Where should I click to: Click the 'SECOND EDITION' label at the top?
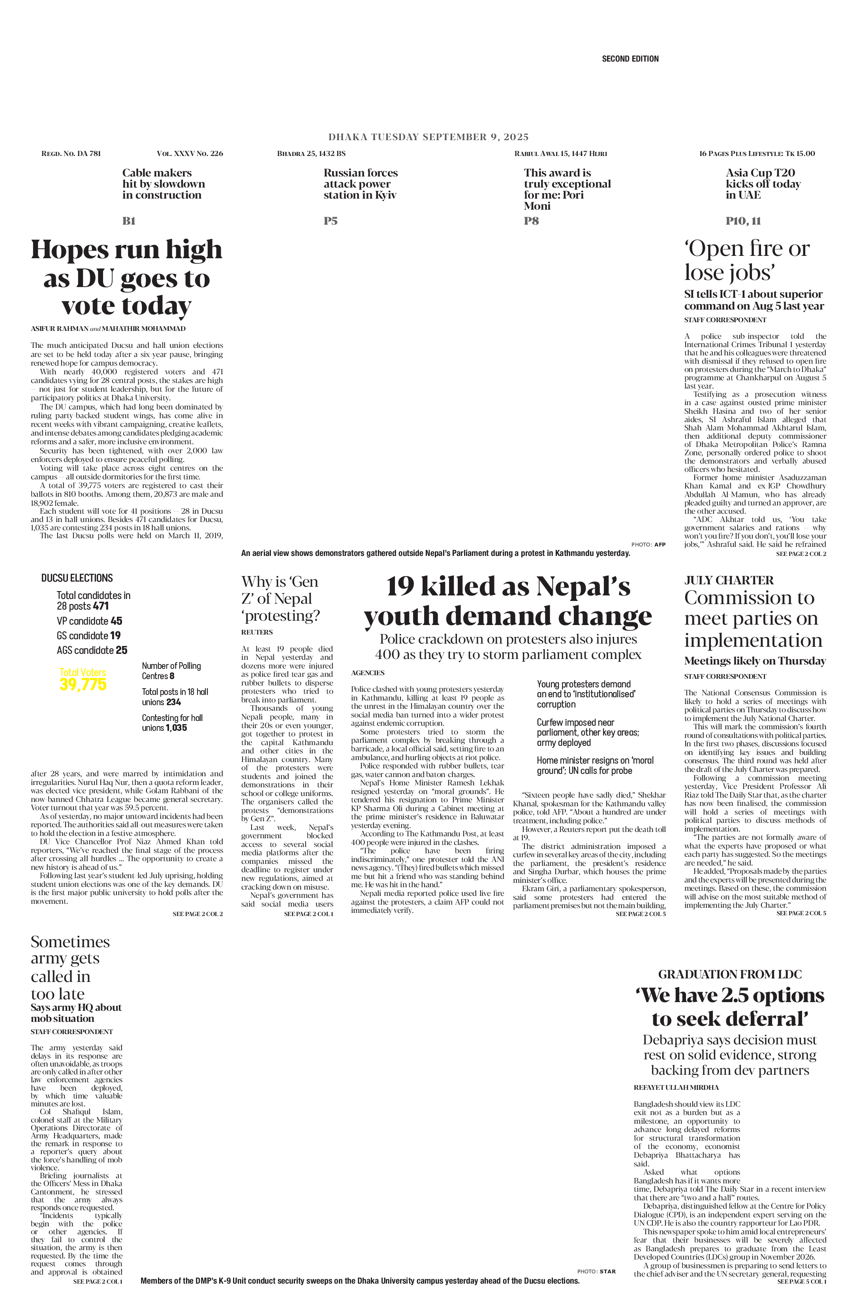[x=630, y=58]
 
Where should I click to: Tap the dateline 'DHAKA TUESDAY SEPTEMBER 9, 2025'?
[x=428, y=137]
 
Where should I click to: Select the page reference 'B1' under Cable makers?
[x=129, y=221]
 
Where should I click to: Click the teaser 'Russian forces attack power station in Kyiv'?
[x=361, y=184]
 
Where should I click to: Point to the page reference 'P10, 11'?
[x=743, y=221]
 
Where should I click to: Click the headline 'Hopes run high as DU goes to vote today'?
[x=127, y=277]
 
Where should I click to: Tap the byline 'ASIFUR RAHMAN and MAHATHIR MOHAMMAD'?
[x=108, y=329]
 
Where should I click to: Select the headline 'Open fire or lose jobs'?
[x=746, y=261]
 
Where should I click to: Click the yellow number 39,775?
[x=83, y=685]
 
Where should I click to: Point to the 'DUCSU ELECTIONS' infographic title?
[x=77, y=578]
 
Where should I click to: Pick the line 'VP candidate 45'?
[x=90, y=621]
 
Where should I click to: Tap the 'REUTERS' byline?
[x=257, y=632]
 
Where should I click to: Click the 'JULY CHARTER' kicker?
[x=729, y=580]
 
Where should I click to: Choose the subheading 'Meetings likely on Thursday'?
[x=755, y=661]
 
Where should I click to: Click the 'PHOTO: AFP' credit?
[x=648, y=544]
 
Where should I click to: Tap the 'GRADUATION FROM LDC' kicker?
[x=730, y=974]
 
